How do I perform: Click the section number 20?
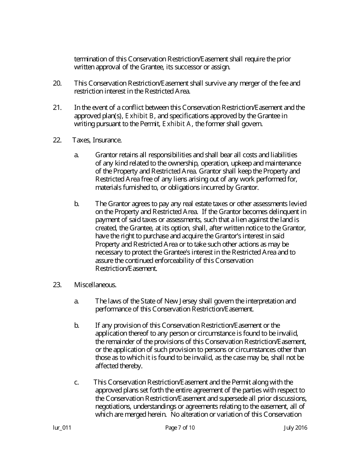tap(57, 83)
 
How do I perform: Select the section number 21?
tap(57, 107)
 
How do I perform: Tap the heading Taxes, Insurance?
tap(97, 140)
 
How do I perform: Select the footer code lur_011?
tap(62, 428)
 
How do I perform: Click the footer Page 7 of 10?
tap(180, 428)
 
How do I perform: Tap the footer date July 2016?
tap(296, 428)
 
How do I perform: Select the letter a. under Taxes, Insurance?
tap(77, 155)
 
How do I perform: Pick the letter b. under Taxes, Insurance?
tap(77, 203)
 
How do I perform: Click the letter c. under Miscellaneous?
tap(77, 382)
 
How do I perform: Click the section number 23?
tap(57, 285)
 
